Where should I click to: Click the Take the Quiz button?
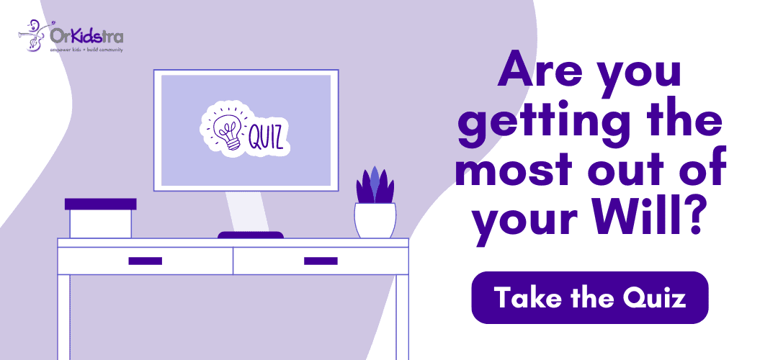coord(589,297)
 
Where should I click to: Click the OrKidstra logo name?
coord(87,36)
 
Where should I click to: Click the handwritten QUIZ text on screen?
coord(267,137)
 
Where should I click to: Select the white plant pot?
coord(375,220)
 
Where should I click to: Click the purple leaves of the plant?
coord(375,186)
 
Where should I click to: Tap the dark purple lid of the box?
coord(101,204)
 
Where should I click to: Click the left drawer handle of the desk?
coord(146,261)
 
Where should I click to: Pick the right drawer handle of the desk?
coord(321,261)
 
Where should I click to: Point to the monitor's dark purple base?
coord(251,235)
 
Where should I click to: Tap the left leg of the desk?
coord(64,317)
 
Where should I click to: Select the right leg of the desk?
coord(403,317)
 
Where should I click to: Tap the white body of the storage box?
coord(101,224)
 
